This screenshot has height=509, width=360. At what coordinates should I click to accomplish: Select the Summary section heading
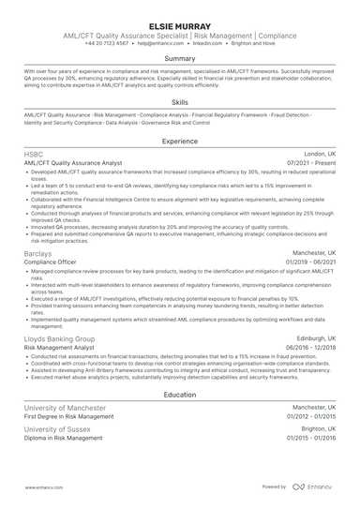(180, 58)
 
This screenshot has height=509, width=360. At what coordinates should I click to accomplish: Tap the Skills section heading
(180, 102)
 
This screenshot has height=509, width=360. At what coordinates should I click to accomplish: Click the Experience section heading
(180, 141)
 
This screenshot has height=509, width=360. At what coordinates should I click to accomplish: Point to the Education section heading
(180, 396)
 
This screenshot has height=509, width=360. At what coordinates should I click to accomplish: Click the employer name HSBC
(36, 154)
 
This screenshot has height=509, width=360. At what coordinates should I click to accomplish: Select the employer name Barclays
(40, 253)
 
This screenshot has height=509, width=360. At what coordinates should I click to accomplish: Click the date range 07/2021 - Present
(314, 163)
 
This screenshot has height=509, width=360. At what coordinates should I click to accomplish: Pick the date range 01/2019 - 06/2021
(312, 262)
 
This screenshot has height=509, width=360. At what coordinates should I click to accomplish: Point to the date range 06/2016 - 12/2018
(312, 347)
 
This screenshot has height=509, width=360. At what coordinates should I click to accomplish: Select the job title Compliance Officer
(53, 262)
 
